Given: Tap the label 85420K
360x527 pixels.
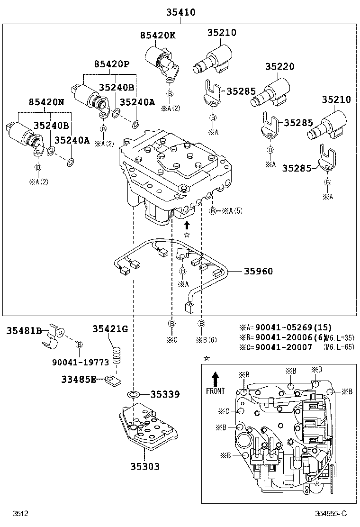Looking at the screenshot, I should pyautogui.click(x=157, y=35).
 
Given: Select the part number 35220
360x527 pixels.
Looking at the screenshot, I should pyautogui.click(x=279, y=67).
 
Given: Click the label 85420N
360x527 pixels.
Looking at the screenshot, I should pyautogui.click(x=45, y=101).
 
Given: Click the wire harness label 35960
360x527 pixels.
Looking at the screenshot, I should pyautogui.click(x=259, y=271).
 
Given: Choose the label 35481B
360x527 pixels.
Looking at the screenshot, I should pyautogui.click(x=24, y=331).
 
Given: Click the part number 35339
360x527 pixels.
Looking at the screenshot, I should pyautogui.click(x=165, y=394).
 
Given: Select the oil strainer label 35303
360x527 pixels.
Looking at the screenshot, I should pyautogui.click(x=145, y=466).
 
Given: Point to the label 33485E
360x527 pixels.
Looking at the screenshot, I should pyautogui.click(x=79, y=379).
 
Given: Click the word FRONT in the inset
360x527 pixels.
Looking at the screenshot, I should pyautogui.click(x=216, y=391).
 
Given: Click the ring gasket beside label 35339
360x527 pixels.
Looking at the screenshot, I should pyautogui.click(x=134, y=394).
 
